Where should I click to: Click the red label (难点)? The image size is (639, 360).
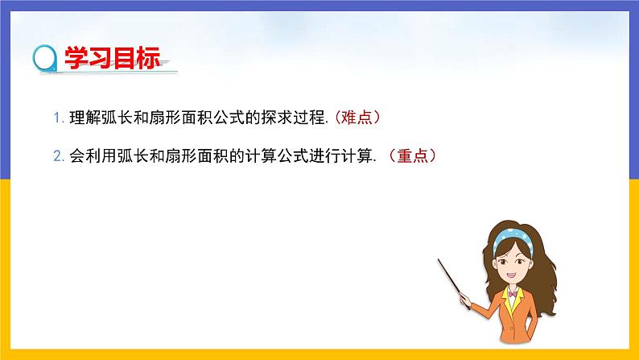point(356,118)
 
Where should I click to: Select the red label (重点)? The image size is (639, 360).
point(417,157)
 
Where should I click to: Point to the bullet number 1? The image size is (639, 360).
point(56,118)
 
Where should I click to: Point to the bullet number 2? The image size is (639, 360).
point(57,158)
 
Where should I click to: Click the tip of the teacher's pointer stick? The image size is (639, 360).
point(439,259)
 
